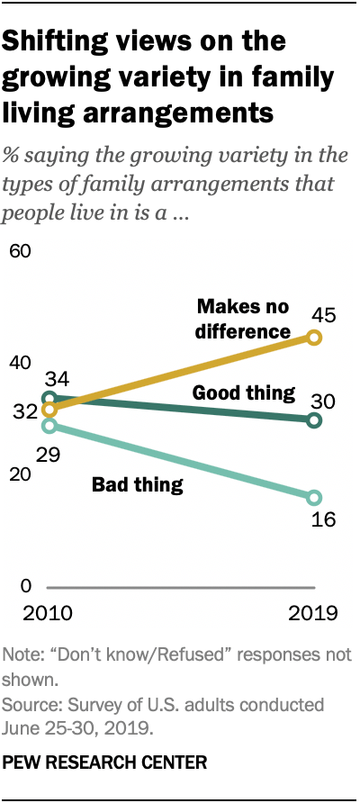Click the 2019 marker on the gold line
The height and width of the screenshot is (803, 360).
[x=314, y=337]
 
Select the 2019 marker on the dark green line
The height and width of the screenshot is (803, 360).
[x=314, y=420]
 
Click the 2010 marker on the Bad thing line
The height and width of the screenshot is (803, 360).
[x=49, y=425]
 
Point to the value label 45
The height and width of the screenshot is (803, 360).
[x=323, y=314]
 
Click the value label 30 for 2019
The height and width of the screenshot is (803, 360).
[x=323, y=400]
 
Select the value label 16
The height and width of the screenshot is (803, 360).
[x=323, y=521]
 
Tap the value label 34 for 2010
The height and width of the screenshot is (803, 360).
[x=46, y=378]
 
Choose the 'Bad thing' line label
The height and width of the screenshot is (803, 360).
[x=138, y=485]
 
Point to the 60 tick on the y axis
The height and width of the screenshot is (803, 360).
[x=20, y=250]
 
